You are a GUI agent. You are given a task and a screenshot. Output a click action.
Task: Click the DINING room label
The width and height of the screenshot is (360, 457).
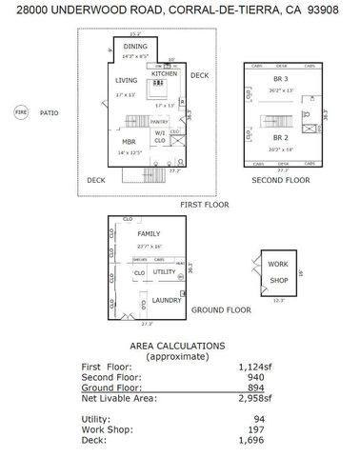pos(135,47)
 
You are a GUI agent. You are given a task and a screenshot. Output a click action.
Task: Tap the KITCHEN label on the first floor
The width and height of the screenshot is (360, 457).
pos(164,73)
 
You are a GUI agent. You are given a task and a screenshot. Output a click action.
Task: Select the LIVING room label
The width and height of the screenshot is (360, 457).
pos(126,82)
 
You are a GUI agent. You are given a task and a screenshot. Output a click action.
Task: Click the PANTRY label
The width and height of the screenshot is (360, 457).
pos(160,122)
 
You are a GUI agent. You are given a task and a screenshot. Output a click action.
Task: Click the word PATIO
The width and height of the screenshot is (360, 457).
pos(50,112)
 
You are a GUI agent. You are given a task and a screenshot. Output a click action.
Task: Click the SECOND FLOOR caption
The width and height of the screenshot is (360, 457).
pos(280,180)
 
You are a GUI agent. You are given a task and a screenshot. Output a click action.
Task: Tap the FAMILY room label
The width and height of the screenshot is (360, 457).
pos(148,233)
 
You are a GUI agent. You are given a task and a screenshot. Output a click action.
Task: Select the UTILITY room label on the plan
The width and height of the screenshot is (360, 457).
pos(166,272)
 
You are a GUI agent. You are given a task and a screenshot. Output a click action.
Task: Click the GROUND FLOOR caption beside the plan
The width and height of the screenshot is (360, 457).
pos(221,309)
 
